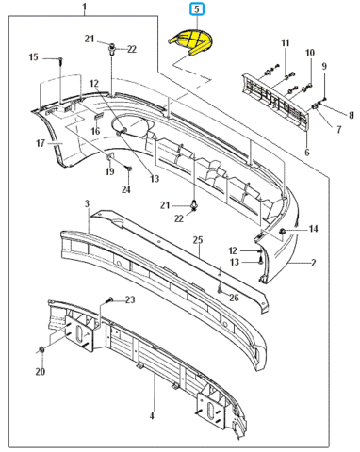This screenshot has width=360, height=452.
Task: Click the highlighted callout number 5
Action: tap(197, 8)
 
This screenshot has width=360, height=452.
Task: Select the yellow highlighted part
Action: tap(191, 41)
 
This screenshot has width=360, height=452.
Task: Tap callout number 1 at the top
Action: tap(85, 7)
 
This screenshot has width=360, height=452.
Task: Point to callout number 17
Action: tap(41, 143)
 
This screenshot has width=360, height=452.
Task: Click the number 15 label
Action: tap(34, 57)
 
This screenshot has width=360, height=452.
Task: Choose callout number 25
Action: tap(198, 240)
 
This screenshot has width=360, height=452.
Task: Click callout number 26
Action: tap(234, 298)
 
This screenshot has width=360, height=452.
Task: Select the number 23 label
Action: tap(130, 299)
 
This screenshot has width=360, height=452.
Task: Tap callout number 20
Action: tap(41, 372)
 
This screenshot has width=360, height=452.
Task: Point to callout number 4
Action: tap(152, 416)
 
